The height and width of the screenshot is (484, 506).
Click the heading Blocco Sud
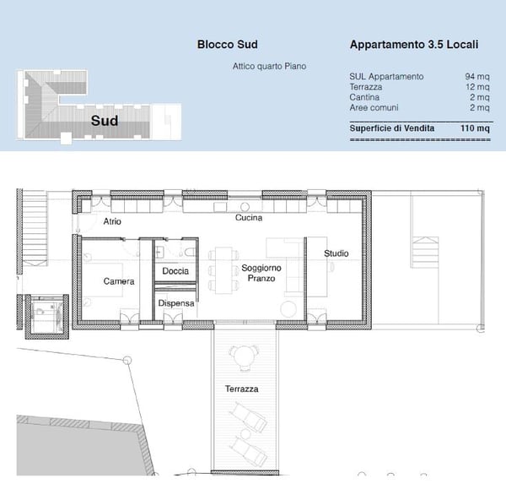(227, 45)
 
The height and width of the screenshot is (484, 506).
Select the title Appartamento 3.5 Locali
(414, 45)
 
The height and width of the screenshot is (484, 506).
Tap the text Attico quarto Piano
(269, 66)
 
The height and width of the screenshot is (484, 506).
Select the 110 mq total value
(475, 128)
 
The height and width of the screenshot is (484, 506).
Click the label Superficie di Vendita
(392, 128)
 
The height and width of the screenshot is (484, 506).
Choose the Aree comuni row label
(374, 107)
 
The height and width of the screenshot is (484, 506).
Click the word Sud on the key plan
(105, 120)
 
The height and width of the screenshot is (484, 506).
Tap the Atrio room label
(112, 221)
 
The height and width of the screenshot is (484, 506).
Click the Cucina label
(248, 218)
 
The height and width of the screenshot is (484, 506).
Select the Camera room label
(119, 281)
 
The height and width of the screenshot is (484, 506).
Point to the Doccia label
(175, 271)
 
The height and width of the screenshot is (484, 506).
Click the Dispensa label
(175, 303)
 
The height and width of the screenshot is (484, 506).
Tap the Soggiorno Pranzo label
(261, 273)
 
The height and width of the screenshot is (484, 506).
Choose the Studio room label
(336, 253)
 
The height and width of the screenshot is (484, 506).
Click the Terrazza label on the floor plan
(241, 389)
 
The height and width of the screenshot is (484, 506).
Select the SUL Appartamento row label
(386, 77)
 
